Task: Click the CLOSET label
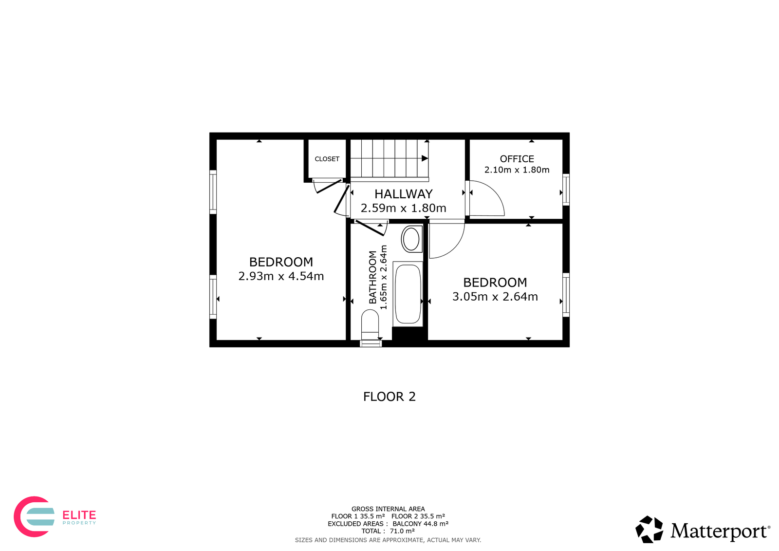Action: pyautogui.click(x=327, y=159)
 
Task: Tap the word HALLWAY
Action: pyautogui.click(x=404, y=194)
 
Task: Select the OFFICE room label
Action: pyautogui.click(x=517, y=159)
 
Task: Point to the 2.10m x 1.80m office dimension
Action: pyautogui.click(x=517, y=170)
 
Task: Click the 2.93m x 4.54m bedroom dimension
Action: pyautogui.click(x=281, y=276)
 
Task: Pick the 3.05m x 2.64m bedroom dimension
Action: pyautogui.click(x=495, y=297)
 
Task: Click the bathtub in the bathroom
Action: pyautogui.click(x=408, y=294)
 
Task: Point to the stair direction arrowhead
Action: pyautogui.click(x=425, y=158)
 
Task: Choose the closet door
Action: pyautogui.click(x=329, y=186)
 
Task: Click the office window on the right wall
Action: pyautogui.click(x=566, y=190)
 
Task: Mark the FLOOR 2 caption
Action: pyautogui.click(x=389, y=397)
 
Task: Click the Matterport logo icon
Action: pyautogui.click(x=649, y=530)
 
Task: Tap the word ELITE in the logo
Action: pyautogui.click(x=79, y=515)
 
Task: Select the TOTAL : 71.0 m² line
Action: pyautogui.click(x=388, y=531)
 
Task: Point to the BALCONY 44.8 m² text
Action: pyautogui.click(x=421, y=524)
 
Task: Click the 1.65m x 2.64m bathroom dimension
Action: pyautogui.click(x=383, y=277)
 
